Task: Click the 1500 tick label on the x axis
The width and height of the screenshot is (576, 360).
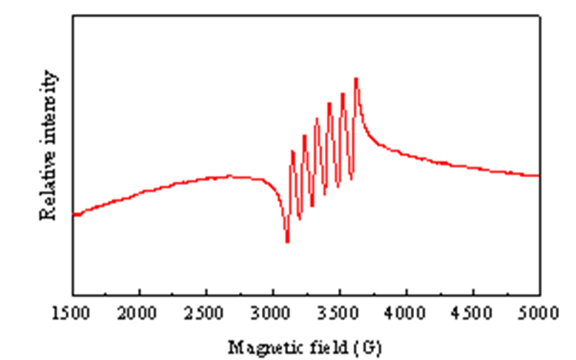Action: pos(71,313)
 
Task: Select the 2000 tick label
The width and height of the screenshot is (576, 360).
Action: pos(137,313)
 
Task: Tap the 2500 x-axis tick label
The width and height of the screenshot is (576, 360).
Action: pos(204,313)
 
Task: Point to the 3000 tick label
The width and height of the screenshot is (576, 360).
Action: pos(271,313)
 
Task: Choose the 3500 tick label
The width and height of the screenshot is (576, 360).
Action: pos(338,313)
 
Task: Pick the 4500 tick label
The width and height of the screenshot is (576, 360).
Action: pos(472,313)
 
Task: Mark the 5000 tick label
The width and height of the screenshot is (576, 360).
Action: pos(538,313)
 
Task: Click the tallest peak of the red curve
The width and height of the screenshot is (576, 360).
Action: pos(356,79)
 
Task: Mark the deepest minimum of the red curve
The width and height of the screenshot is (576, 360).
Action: pos(287,241)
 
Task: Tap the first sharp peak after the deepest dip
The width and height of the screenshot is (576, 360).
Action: pos(293,151)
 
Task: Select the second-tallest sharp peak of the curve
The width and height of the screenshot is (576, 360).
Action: pos(343,94)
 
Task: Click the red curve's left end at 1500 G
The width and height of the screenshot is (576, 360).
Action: pos(74,215)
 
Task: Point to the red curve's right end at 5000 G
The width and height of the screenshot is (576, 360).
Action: pos(538,176)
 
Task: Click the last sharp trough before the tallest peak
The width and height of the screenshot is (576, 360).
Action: pos(351,178)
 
